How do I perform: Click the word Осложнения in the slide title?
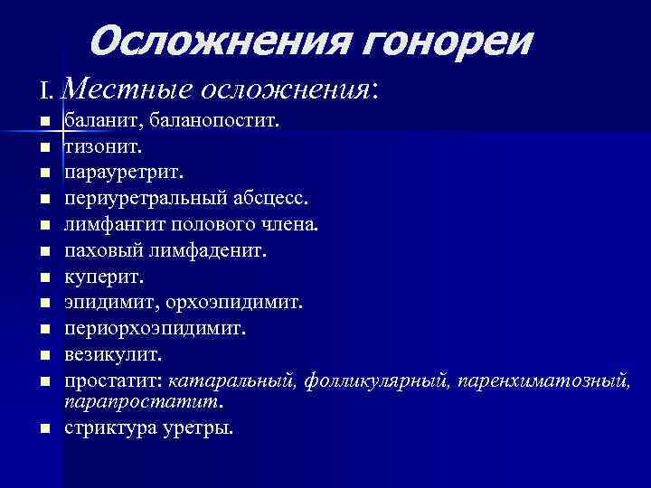pyautogui.click(x=208, y=41)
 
